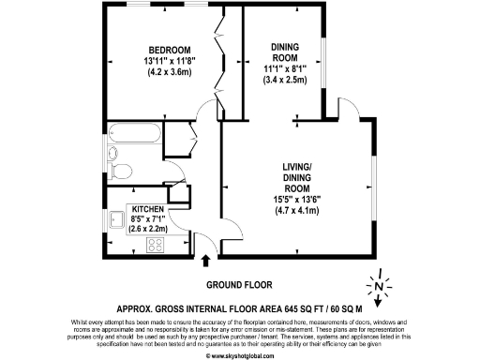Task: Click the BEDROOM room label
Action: pyautogui.click(x=170, y=50)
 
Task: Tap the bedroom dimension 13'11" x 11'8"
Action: pyautogui.click(x=170, y=62)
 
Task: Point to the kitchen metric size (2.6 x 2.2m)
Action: pyautogui.click(x=148, y=228)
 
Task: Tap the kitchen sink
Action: pyautogui.click(x=117, y=221)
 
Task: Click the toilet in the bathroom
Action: pyautogui.click(x=118, y=171)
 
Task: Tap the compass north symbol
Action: pyautogui.click(x=377, y=285)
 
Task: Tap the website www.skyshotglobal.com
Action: pyautogui.click(x=240, y=354)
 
